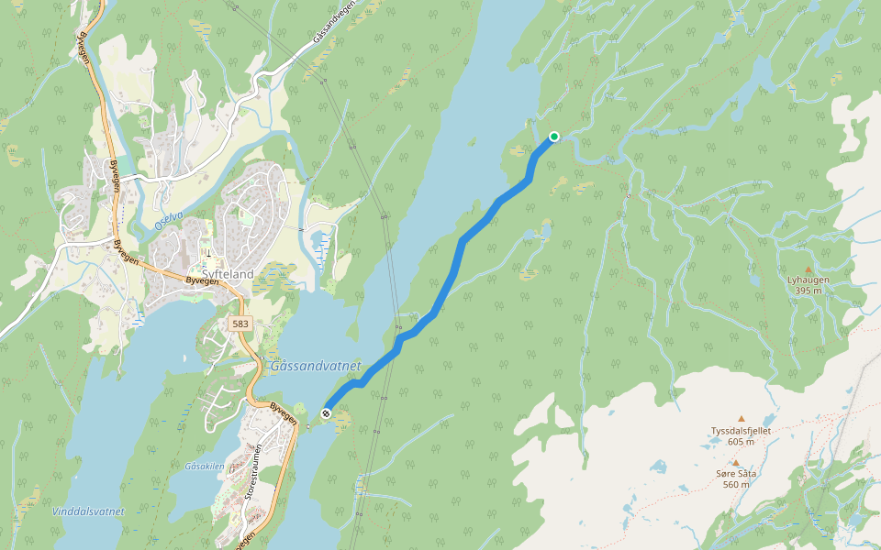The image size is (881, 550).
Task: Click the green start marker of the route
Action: [554, 137]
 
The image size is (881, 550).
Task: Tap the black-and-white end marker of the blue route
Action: [326, 414]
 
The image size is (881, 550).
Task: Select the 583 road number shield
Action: [240, 324]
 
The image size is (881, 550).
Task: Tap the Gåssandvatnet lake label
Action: [317, 366]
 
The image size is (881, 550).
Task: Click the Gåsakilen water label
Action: [204, 467]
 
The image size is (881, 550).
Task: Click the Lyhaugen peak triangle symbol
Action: [808, 269]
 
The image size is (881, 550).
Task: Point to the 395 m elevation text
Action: [808, 291]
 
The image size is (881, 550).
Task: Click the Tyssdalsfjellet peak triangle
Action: [741, 418]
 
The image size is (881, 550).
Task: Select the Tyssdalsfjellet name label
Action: [741, 431]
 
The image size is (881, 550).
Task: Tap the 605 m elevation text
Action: [741, 442]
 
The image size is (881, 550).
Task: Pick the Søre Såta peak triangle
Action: [735, 462]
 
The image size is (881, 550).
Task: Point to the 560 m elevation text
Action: [735, 485]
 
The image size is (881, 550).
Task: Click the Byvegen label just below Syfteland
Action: [202, 282]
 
